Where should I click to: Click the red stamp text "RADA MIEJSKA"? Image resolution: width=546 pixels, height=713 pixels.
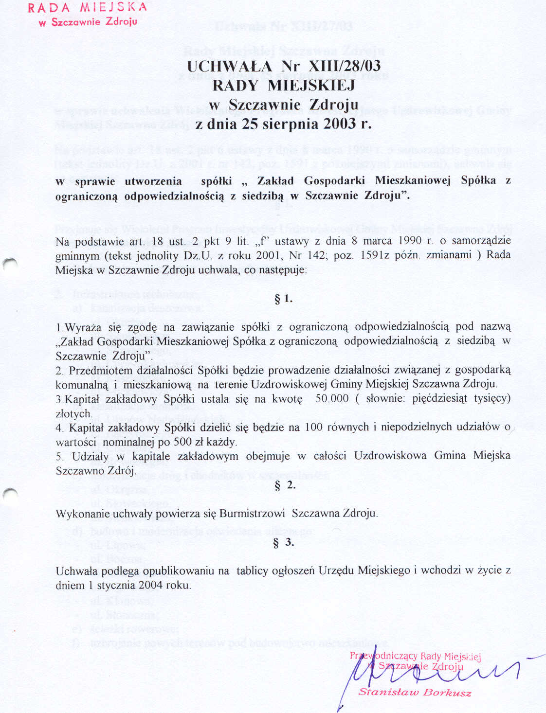(x=87, y=7)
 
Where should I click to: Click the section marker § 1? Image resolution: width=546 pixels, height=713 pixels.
(x=283, y=299)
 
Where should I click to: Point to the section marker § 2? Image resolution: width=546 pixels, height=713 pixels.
(x=285, y=485)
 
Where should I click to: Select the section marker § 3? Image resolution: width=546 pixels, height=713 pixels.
(x=284, y=542)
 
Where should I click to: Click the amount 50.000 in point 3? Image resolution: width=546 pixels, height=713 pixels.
(x=332, y=399)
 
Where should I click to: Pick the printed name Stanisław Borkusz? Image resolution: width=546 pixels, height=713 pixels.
(x=415, y=692)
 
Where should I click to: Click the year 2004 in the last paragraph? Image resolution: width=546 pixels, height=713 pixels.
(x=151, y=585)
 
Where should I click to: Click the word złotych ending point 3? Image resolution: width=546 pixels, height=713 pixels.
(x=73, y=414)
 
